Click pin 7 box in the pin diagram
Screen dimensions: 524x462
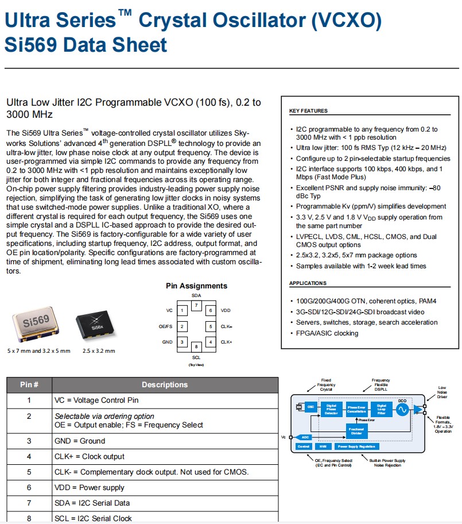click(x=196, y=305)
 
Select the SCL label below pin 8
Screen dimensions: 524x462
click(x=196, y=357)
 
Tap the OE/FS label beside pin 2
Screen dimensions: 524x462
click(x=166, y=326)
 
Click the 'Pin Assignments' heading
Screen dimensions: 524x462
click(x=196, y=286)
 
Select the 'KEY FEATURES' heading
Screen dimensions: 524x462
click(x=308, y=111)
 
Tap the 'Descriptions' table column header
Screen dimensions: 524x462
click(x=165, y=384)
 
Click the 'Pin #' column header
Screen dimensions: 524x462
click(x=29, y=384)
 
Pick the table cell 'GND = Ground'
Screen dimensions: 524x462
click(x=80, y=441)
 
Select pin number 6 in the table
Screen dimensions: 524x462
click(x=29, y=487)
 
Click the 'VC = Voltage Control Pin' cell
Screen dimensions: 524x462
click(x=96, y=400)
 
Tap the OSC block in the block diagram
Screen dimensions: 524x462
click(x=310, y=407)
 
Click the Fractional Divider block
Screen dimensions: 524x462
click(x=356, y=430)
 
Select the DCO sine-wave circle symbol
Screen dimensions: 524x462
click(x=402, y=409)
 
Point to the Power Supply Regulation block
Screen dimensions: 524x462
click(x=356, y=446)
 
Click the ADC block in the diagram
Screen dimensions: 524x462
click(x=305, y=437)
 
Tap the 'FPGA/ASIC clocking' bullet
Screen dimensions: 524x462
click(x=327, y=333)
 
